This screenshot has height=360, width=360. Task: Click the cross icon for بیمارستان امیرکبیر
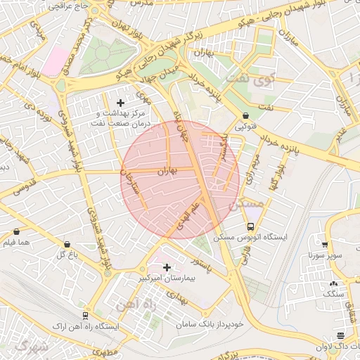(x=167, y=267)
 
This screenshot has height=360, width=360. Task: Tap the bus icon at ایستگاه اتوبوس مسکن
(x=251, y=226)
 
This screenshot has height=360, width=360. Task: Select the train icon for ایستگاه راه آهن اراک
(x=85, y=316)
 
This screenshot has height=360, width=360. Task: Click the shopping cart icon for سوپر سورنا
(x=325, y=244)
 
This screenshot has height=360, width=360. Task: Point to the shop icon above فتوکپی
(x=245, y=116)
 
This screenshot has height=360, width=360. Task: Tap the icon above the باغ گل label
(x=67, y=244)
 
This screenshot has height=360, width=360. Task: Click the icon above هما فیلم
(x=16, y=231)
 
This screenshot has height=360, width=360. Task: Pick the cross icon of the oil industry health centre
(x=120, y=103)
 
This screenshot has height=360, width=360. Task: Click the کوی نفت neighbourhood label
(x=254, y=81)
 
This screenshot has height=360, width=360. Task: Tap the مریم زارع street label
(x=251, y=169)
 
